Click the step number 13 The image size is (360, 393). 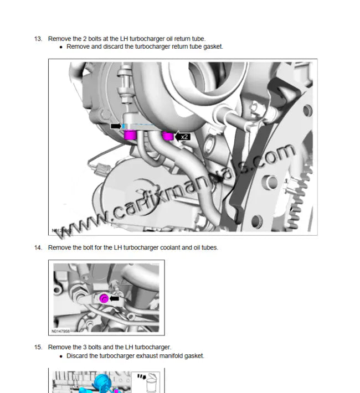click(38, 39)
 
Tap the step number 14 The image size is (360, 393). click(38, 247)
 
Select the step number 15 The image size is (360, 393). click(38, 347)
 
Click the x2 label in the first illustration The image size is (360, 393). click(185, 136)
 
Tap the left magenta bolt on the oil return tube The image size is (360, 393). click(131, 135)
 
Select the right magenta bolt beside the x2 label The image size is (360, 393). click(167, 136)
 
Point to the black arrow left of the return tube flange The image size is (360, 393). click(116, 126)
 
